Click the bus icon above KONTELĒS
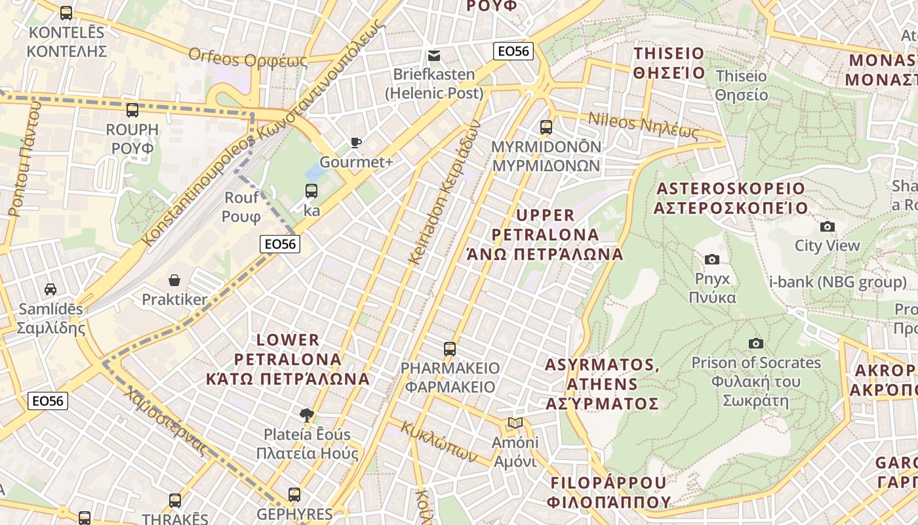point(66,12)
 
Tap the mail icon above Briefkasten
point(433,56)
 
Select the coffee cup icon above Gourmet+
point(356,142)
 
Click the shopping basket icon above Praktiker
point(174,281)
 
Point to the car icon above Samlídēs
point(50,289)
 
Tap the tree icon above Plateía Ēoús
point(306,415)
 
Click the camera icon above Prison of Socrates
point(755,343)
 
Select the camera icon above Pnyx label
point(711,259)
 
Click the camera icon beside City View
point(828,226)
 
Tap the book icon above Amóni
point(515,423)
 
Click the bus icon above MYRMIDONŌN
point(546,127)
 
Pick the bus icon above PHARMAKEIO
point(449,348)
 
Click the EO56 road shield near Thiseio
point(513,51)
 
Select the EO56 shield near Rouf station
point(280,244)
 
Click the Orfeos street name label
point(248,57)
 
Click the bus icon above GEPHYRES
point(294,494)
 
